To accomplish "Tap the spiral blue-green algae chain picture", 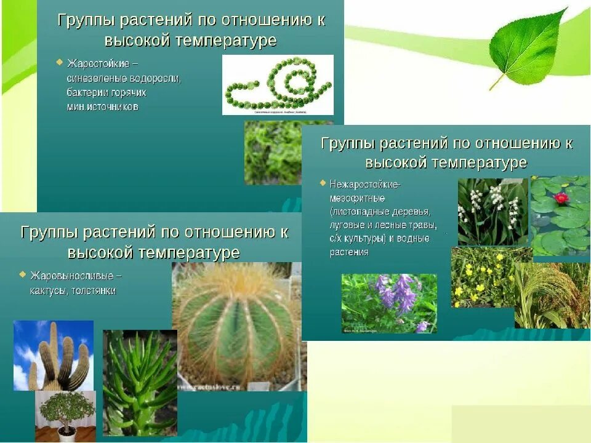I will click(278, 84).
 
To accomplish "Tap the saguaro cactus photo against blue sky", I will click(54, 355).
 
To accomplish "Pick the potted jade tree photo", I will click(65, 415).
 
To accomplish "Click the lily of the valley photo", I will click(492, 211).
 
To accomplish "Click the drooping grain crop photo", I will click(552, 295).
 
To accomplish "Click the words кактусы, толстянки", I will click(73, 290).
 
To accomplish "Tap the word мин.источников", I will click(103, 106).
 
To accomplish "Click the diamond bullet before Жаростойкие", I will click(59, 62).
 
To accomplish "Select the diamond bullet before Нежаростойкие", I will click(323, 183).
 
